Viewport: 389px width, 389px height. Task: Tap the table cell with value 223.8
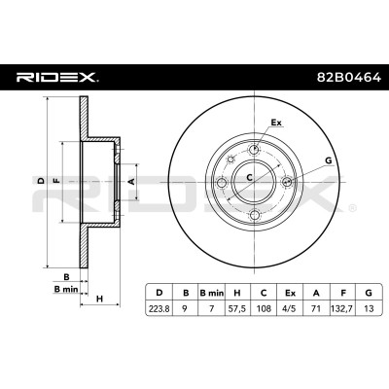[159, 308]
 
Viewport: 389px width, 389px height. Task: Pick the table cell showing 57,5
[237, 308]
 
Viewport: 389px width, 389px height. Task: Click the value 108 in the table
[264, 308]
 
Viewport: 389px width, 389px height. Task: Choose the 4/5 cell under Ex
[290, 308]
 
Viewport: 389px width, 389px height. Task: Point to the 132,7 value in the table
[342, 308]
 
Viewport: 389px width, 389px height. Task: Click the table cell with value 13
[369, 308]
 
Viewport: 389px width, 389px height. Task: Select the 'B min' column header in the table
[211, 293]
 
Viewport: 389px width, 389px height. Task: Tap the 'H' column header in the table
[237, 293]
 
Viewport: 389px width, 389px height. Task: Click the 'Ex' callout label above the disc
[276, 123]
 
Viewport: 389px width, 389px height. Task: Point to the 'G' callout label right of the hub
[329, 160]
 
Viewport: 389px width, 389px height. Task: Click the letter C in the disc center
[249, 177]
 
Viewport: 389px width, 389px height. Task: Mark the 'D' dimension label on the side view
[41, 181]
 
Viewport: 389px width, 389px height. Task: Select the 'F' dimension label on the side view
[56, 181]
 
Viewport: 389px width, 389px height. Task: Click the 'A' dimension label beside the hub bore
[131, 182]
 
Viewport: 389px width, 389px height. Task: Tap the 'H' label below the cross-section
[99, 299]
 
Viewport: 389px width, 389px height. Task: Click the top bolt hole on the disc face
[255, 150]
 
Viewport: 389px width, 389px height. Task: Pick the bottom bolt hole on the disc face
[255, 215]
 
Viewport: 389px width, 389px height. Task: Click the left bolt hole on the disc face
[222, 183]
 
